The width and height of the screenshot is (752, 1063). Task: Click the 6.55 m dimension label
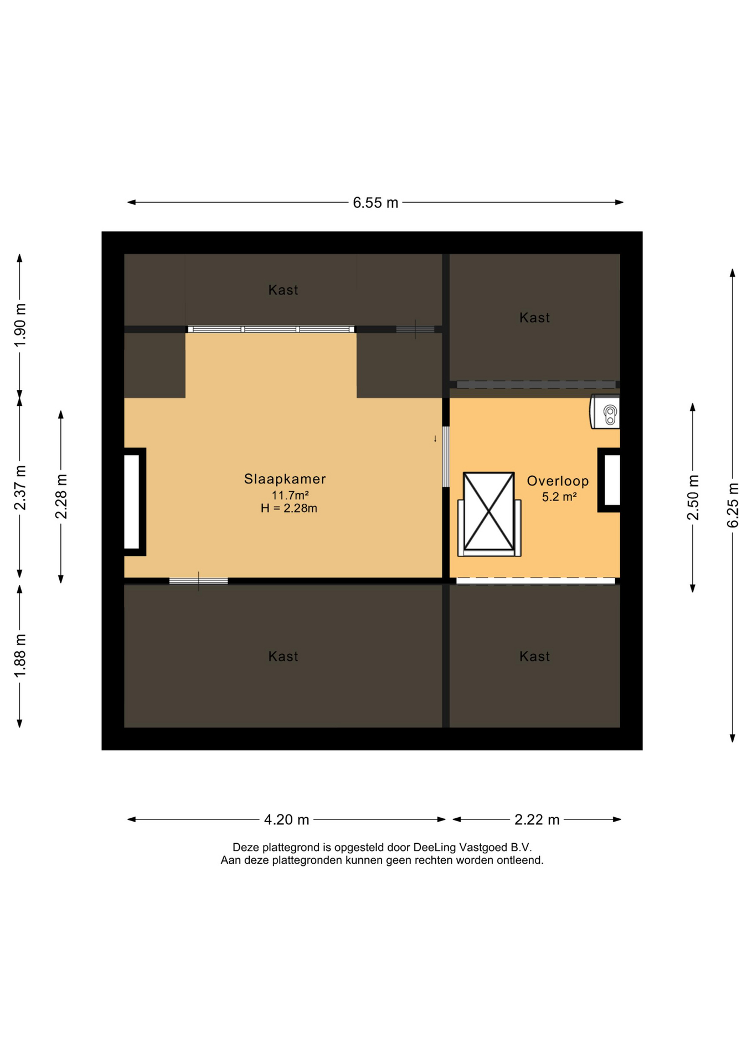tap(375, 203)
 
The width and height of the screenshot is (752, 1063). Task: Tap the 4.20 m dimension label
tap(286, 819)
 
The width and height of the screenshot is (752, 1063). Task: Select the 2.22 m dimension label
tap(537, 819)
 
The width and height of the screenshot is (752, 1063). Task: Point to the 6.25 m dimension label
tap(733, 505)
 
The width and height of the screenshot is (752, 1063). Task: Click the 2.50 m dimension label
tap(693, 498)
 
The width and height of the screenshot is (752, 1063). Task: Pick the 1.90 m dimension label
tap(20, 326)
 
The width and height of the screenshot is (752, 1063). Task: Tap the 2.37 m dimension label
tap(20, 488)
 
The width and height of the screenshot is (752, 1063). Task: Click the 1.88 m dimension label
tap(20, 656)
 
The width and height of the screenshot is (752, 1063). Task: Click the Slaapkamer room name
tap(285, 479)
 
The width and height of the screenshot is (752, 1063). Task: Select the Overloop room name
tap(558, 481)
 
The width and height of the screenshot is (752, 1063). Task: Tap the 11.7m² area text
tap(290, 495)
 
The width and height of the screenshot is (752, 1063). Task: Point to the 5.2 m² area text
tap(559, 497)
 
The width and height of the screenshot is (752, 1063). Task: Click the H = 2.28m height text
tap(289, 508)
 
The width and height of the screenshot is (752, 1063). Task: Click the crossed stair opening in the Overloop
tap(489, 512)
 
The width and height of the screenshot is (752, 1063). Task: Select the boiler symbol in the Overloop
tap(605, 411)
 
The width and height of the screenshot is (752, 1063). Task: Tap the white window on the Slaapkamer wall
tap(132, 502)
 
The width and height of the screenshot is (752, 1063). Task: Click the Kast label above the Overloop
tap(534, 318)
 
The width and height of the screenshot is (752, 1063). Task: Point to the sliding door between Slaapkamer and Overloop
tap(446, 457)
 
